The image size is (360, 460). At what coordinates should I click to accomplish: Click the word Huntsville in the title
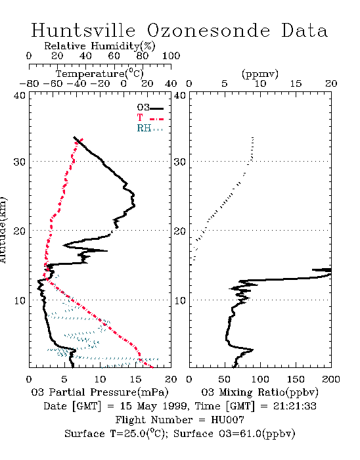83,30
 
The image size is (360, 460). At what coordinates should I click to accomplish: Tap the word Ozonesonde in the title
208,30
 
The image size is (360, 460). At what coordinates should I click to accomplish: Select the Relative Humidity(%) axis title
99,46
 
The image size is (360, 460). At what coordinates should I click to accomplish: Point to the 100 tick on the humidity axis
171,56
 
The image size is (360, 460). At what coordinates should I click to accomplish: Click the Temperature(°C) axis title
100,74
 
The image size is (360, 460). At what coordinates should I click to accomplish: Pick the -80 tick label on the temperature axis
29,84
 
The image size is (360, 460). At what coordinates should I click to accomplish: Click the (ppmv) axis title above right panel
260,74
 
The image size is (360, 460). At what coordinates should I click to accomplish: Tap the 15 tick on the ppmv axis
296,84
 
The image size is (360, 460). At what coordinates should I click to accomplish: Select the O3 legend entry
150,108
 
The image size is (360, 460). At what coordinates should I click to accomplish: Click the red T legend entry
150,118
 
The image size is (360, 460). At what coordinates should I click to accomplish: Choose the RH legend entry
150,128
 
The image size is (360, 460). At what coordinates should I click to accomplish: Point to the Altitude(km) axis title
3,230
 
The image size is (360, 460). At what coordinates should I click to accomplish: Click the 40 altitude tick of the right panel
180,96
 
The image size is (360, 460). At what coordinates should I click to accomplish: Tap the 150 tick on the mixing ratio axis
296,379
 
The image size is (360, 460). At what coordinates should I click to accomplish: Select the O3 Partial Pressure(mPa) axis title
100,392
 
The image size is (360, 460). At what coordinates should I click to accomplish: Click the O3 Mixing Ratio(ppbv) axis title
259,392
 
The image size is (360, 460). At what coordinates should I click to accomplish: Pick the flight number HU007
227,420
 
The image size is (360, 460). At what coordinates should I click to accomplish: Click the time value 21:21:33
295,406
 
